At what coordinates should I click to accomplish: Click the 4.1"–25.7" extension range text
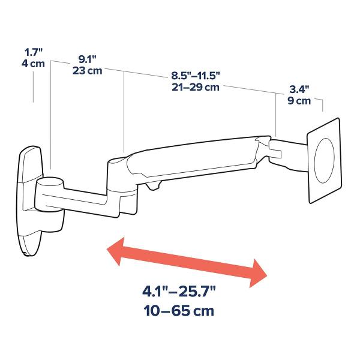[x=178, y=293]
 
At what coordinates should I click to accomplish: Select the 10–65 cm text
[x=178, y=312]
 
